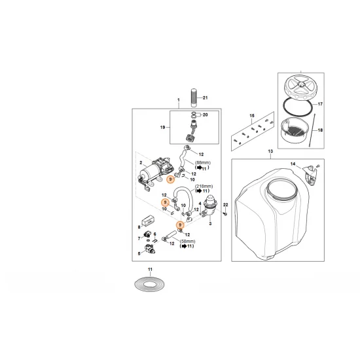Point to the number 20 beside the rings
(206, 115)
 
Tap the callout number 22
(225, 206)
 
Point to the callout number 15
(251, 116)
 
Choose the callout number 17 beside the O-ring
(321, 103)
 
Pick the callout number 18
(321, 130)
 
